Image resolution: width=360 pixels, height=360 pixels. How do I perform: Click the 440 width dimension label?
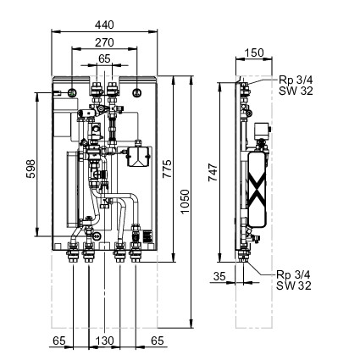tap(104, 25)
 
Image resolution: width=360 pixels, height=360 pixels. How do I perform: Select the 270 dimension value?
tap(104, 42)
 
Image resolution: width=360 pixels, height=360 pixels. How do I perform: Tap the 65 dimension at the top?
tap(104, 58)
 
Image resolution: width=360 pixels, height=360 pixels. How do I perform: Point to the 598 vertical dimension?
tap(30, 169)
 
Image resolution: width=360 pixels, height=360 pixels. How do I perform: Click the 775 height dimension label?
tap(167, 169)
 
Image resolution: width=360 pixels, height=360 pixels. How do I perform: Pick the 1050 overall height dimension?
tap(185, 202)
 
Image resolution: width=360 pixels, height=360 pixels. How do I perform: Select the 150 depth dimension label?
tap(254, 53)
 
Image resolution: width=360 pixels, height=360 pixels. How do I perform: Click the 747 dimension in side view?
tap(213, 173)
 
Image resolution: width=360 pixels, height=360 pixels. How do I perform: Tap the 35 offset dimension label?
tap(219, 276)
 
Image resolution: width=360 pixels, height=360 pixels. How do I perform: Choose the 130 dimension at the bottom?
tap(104, 341)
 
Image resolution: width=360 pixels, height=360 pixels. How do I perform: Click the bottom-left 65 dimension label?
tap(59, 341)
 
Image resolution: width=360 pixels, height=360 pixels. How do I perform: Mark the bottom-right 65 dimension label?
tap(158, 341)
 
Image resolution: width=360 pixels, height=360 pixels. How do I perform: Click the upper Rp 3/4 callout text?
tap(296, 80)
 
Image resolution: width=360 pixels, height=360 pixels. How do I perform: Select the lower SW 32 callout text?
tap(294, 285)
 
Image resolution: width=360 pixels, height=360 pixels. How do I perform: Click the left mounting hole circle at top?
tap(72, 92)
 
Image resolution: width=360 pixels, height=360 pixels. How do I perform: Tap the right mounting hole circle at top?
tap(137, 92)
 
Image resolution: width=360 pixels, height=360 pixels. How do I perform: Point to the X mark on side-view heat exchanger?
tap(257, 188)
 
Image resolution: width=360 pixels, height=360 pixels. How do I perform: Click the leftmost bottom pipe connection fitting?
tap(73, 252)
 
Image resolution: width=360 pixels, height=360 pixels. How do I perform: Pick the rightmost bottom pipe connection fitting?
tap(136, 252)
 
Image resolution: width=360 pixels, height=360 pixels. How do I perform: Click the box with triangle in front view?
tap(138, 156)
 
